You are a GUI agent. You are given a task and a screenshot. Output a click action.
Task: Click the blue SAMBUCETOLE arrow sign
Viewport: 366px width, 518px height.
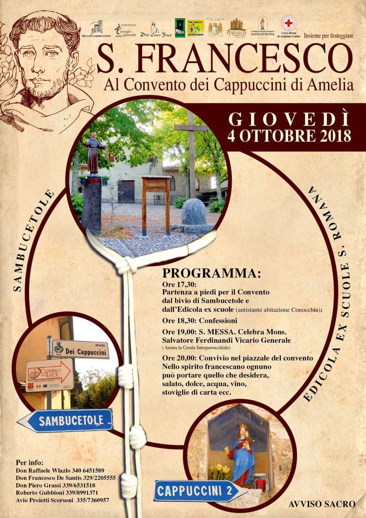(65, 420)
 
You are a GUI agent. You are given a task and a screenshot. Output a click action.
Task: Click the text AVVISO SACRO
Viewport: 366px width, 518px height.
(322, 504)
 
